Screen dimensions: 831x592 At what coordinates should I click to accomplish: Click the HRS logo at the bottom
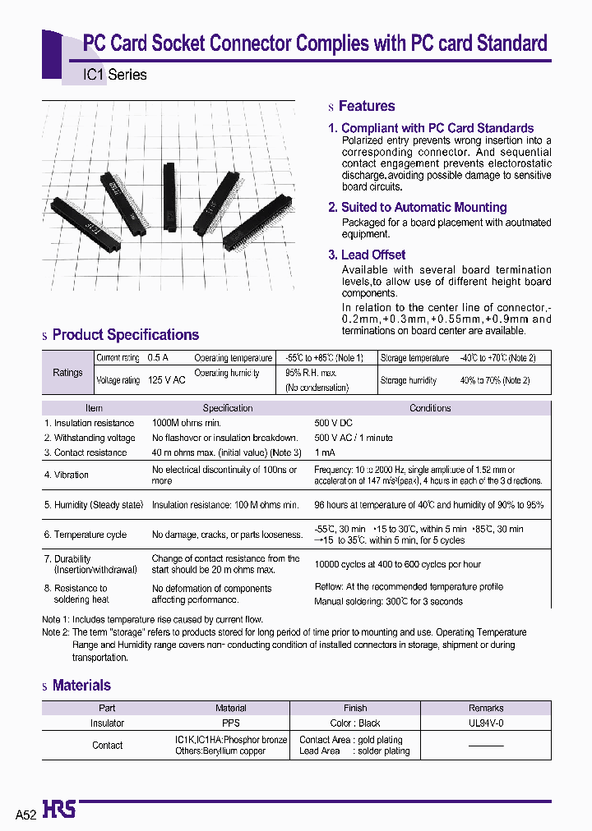click(x=59, y=810)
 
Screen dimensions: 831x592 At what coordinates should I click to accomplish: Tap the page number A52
click(x=26, y=813)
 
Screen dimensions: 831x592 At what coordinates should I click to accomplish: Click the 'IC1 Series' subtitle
click(x=115, y=75)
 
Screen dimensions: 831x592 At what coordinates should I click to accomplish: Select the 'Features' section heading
click(x=366, y=106)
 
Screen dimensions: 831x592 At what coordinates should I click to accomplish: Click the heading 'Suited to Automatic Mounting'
click(x=423, y=208)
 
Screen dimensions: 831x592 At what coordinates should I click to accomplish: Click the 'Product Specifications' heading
click(x=125, y=335)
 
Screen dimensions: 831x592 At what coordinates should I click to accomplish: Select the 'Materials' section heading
click(x=81, y=686)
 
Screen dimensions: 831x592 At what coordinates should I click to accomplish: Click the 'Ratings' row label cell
click(x=67, y=372)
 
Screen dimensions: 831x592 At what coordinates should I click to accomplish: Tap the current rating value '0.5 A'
click(x=158, y=358)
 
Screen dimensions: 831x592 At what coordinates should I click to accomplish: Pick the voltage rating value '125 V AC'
click(x=166, y=381)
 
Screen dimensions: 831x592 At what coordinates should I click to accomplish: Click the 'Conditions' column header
click(x=430, y=408)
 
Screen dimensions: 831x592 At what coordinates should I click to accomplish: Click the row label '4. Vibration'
click(x=67, y=475)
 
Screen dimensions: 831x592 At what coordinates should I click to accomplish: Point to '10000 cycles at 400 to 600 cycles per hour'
click(x=397, y=564)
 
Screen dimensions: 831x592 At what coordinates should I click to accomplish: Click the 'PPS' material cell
click(x=231, y=723)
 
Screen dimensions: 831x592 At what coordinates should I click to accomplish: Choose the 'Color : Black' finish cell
click(x=355, y=723)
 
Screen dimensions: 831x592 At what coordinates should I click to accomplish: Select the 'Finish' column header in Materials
click(x=355, y=708)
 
